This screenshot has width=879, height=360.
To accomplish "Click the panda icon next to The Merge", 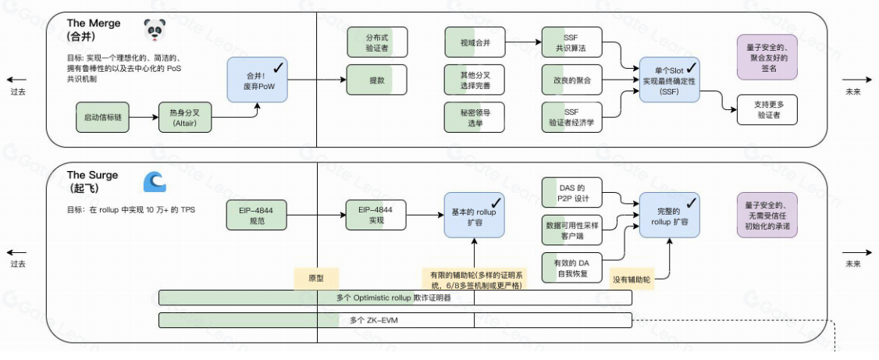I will tap(155, 30).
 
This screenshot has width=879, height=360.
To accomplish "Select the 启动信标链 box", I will tap(100, 117).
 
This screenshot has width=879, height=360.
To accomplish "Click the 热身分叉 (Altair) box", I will tap(185, 117).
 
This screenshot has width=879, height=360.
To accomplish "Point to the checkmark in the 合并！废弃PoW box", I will tap(279, 71).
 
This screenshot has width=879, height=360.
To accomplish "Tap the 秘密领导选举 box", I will tap(474, 117).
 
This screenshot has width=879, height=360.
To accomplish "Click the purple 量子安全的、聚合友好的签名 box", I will tap(767, 55).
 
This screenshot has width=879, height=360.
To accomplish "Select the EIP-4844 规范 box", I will tap(256, 215).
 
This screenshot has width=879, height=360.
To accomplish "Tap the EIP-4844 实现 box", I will tap(376, 215).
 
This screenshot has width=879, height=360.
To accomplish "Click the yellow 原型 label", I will tap(315, 279).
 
